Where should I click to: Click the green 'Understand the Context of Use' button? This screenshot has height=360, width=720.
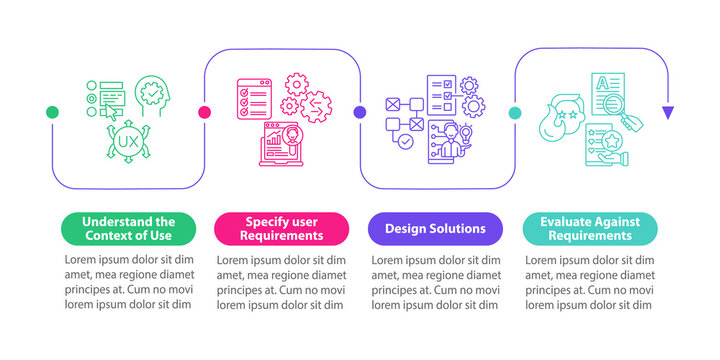coord(128,228)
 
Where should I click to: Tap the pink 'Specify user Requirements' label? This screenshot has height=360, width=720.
coord(282,228)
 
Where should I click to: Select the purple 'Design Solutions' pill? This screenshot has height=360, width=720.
coord(437,228)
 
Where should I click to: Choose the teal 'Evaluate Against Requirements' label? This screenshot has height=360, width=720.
coord(591,228)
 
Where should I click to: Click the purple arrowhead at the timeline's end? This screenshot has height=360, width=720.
coord(668,113)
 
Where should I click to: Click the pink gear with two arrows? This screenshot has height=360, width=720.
coord(317,103)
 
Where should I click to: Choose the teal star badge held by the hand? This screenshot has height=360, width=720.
coord(611,143)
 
